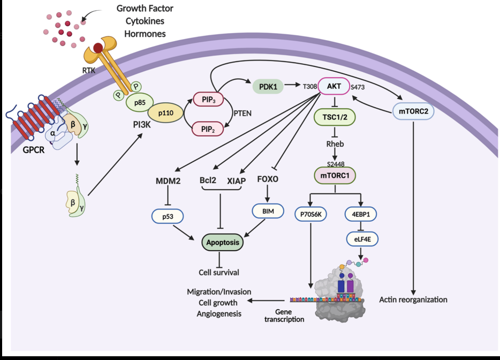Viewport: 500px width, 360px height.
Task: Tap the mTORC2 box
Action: tap(413, 112)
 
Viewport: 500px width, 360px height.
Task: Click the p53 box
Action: tap(168, 216)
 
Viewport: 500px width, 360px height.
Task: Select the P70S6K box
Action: tap(310, 213)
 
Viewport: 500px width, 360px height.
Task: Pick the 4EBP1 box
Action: tap(361, 213)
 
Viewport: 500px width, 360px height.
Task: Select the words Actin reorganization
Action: tap(413, 299)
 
